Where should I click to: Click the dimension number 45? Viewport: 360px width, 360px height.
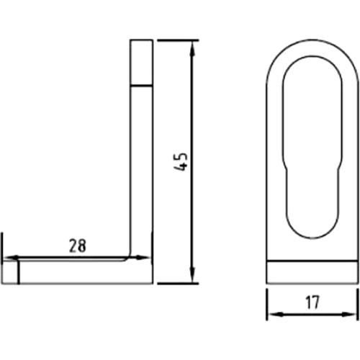[181, 161]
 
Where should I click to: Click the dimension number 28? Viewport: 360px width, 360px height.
[77, 246]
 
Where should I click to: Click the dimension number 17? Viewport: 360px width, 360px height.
[312, 302]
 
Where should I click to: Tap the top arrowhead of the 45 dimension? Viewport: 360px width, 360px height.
[192, 49]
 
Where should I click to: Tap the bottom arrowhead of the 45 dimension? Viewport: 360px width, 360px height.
[192, 275]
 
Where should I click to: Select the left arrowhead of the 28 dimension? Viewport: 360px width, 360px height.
[11, 258]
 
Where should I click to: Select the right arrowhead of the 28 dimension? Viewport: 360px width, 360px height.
[142, 258]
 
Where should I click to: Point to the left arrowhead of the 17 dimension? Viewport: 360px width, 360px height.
[275, 314]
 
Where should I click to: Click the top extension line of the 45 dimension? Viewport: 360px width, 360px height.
[178, 40]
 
